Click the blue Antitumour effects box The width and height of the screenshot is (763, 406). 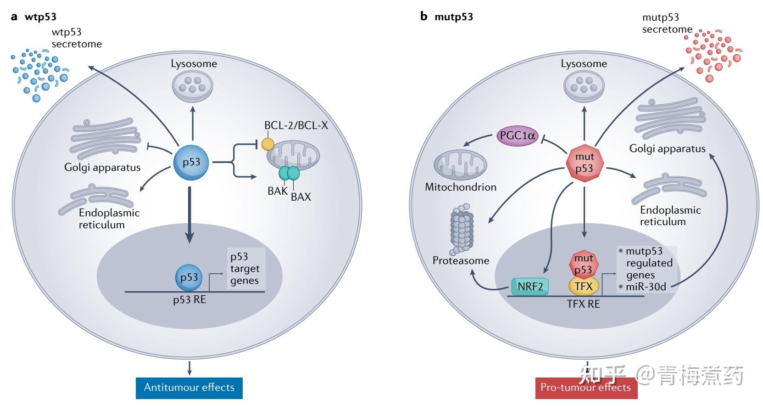coord(189,387)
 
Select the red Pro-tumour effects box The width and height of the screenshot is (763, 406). coord(586,387)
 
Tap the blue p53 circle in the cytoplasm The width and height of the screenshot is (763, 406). coord(191,162)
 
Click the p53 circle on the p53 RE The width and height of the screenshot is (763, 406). coord(189,277)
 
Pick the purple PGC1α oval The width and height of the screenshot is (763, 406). coord(518,136)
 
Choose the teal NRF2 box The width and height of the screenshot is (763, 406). coord(530,287)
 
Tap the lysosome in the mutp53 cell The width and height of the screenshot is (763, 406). coord(584,85)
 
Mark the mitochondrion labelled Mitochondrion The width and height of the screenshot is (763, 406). coord(460,164)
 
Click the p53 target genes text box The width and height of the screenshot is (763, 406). coord(245,269)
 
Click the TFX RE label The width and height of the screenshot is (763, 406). coord(583,304)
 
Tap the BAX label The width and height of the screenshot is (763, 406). coord(301,197)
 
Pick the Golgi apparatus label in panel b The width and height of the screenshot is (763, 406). coord(667,148)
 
